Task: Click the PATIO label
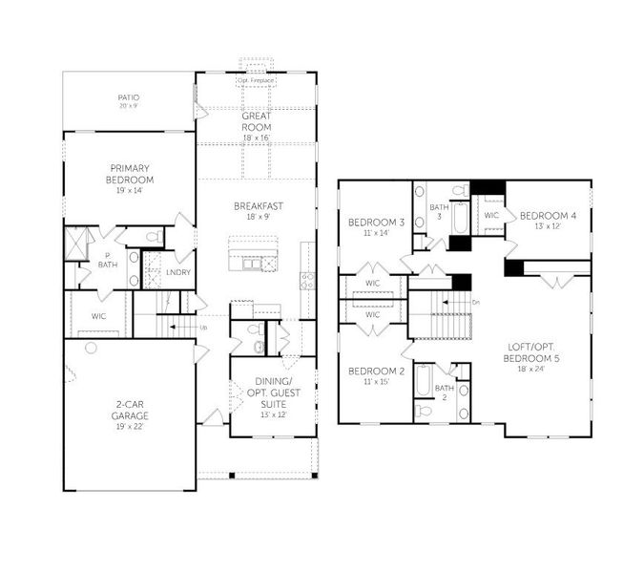(129, 97)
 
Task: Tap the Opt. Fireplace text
(257, 80)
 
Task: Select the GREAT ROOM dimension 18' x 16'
(257, 138)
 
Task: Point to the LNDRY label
(178, 272)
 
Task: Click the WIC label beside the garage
(98, 315)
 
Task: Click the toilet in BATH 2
(424, 410)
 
